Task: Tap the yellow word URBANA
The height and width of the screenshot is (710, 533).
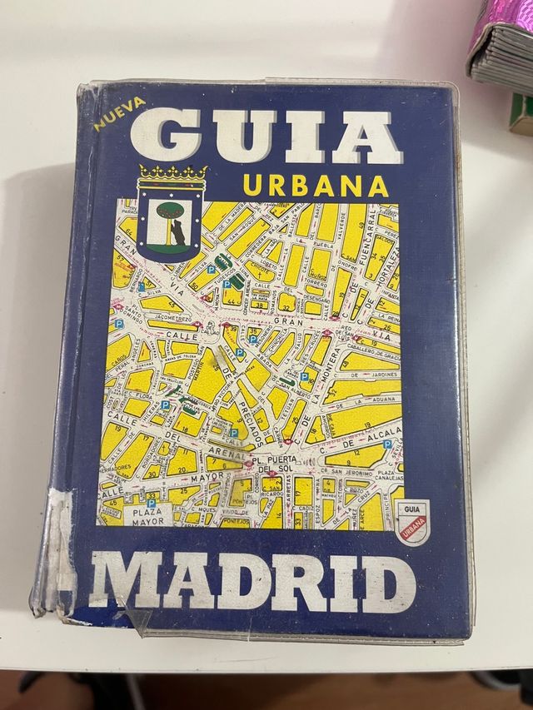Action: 317,185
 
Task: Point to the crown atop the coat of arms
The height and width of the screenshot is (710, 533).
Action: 172,174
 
